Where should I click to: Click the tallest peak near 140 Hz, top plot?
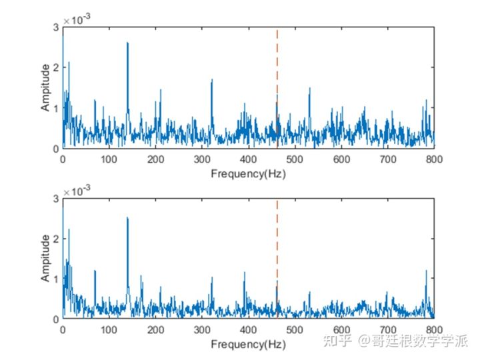(x=127, y=44)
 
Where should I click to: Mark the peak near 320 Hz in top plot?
(x=211, y=81)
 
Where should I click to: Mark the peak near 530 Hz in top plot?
(x=309, y=89)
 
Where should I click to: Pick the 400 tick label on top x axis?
(x=249, y=160)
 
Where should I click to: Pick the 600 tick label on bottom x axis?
(x=341, y=331)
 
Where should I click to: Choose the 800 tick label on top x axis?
(x=434, y=160)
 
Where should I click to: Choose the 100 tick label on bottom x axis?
(x=109, y=331)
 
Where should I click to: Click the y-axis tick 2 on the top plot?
(x=56, y=67)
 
